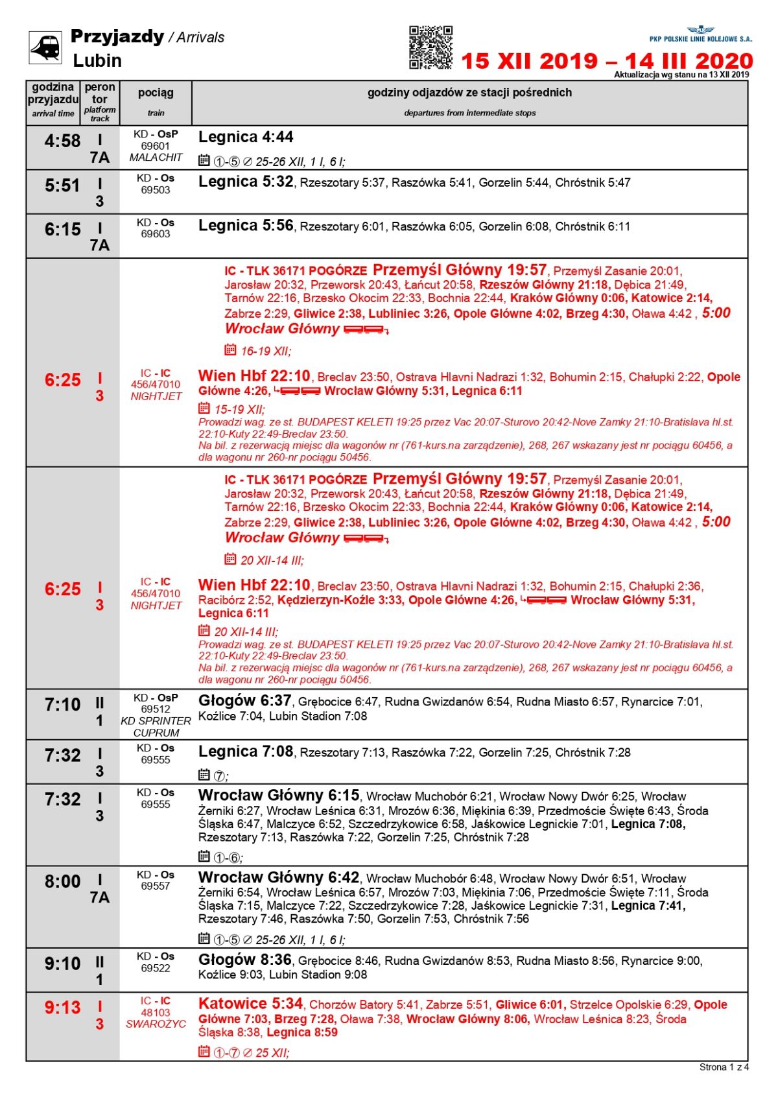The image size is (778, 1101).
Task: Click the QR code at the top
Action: pyautogui.click(x=430, y=47)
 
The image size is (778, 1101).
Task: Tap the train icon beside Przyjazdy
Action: pyautogui.click(x=45, y=47)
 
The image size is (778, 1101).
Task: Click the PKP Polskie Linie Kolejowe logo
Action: pyautogui.click(x=701, y=34)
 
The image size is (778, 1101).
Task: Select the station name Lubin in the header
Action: pyautogui.click(x=97, y=61)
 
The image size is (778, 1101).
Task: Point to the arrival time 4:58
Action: pyautogui.click(x=62, y=141)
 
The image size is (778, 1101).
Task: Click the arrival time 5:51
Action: pyautogui.click(x=62, y=186)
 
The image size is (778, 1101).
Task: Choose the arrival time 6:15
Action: pyautogui.click(x=62, y=230)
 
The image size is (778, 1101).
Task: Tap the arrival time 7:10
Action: pyautogui.click(x=62, y=705)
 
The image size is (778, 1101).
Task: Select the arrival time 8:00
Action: pyautogui.click(x=62, y=882)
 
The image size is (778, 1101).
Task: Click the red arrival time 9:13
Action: pyautogui.click(x=62, y=1008)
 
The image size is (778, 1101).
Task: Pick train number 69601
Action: pyautogui.click(x=156, y=147)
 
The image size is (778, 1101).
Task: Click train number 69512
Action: pyautogui.click(x=156, y=709)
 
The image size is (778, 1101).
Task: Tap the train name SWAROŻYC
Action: pyautogui.click(x=156, y=1024)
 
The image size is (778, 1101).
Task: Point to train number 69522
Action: pyautogui.click(x=156, y=968)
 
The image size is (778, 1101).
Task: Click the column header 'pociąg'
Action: pyautogui.click(x=156, y=93)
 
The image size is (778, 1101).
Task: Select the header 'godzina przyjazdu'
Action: pyautogui.click(x=53, y=93)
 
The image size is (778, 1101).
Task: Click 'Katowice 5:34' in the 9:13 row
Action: pyautogui.click(x=250, y=1004)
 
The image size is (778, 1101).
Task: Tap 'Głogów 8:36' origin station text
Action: pyautogui.click(x=245, y=960)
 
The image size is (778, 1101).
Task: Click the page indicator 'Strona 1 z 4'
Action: pyautogui.click(x=724, y=1067)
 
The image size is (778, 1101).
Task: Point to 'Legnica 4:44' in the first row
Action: pyautogui.click(x=246, y=137)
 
